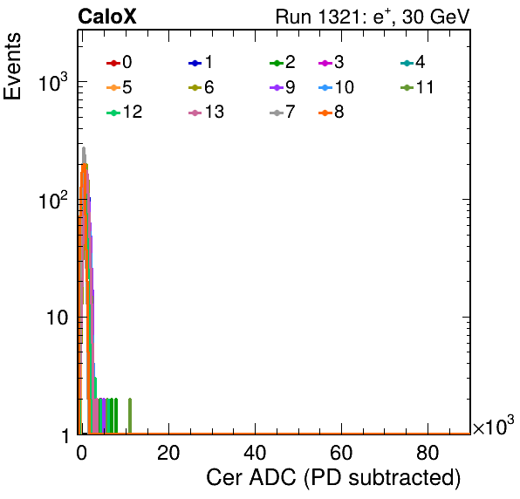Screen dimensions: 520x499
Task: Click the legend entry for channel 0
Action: pyautogui.click(x=119, y=62)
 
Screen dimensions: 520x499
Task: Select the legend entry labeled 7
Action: pyautogui.click(x=282, y=112)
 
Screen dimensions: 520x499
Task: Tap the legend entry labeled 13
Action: pyautogui.click(x=206, y=112)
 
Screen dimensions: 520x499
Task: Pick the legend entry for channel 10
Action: pyautogui.click(x=336, y=87)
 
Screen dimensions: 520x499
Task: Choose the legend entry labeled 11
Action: pyautogui.click(x=417, y=87)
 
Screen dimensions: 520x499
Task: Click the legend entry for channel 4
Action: pyautogui.click(x=413, y=62)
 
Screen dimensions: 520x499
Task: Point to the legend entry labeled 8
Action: pyautogui.click(x=331, y=112)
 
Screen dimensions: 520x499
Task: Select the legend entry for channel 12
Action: pyautogui.click(x=125, y=112)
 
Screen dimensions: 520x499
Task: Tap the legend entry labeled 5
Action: pyautogui.click(x=119, y=87)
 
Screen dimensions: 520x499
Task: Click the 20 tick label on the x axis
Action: pyautogui.click(x=168, y=453)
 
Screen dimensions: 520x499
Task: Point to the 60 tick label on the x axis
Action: pyautogui.click(x=341, y=453)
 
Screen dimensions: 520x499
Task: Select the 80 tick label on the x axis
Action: pyautogui.click(x=428, y=453)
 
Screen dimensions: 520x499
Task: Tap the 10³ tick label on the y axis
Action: pyautogui.click(x=52, y=81)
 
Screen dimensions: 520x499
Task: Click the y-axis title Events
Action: pyautogui.click(x=12, y=66)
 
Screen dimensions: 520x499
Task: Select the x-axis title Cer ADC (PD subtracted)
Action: pyautogui.click(x=333, y=478)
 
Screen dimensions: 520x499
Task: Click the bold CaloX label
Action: pyautogui.click(x=107, y=17)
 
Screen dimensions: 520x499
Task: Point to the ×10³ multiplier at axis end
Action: pyautogui.click(x=494, y=426)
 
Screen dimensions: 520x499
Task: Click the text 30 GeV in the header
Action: pyautogui.click(x=436, y=17)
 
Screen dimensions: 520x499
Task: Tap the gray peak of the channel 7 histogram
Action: pyautogui.click(x=84, y=148)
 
